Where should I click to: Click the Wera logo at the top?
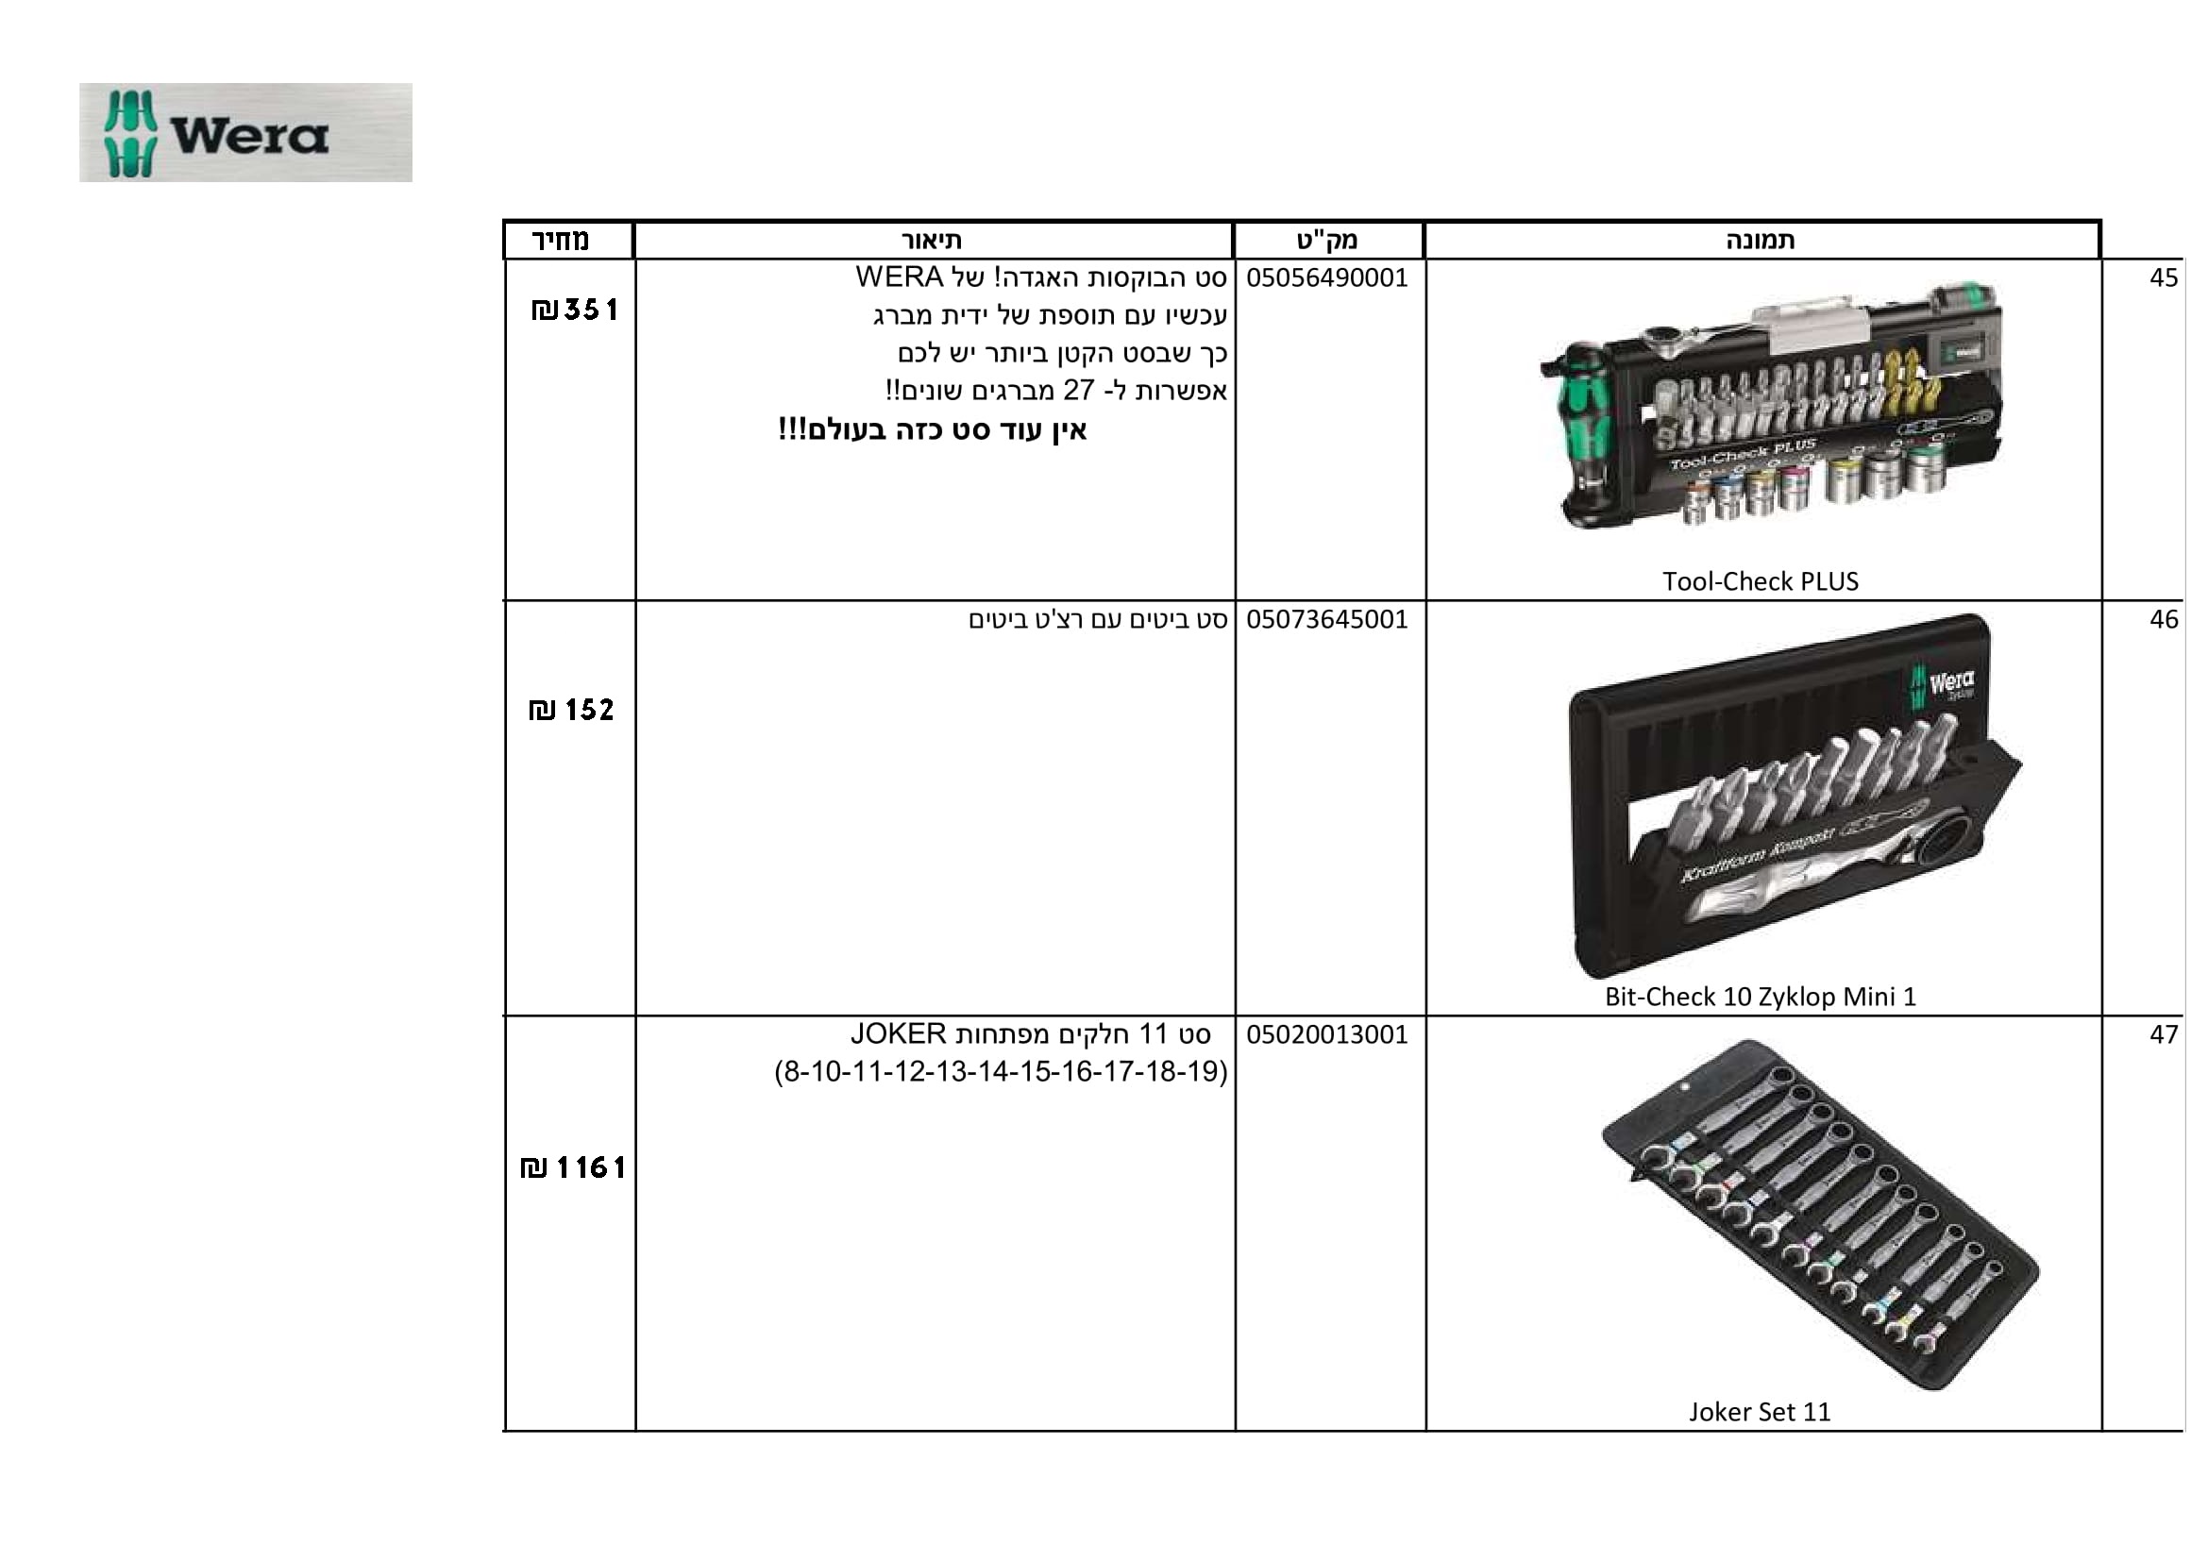[245, 133]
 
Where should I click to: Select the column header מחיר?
[561, 240]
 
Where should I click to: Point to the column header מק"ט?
[1327, 241]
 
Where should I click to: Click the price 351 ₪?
[574, 310]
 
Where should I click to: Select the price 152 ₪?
[571, 711]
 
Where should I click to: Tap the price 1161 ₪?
[572, 1167]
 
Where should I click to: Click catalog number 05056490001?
[1327, 277]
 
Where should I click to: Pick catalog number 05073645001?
[1327, 619]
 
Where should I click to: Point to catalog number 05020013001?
[1327, 1034]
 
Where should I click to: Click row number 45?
[2164, 277]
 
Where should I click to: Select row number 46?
[2164, 619]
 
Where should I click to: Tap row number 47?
[2164, 1034]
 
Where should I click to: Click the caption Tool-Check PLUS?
[1760, 581]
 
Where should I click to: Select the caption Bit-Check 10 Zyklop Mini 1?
[1760, 997]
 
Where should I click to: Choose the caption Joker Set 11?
[1760, 1412]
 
